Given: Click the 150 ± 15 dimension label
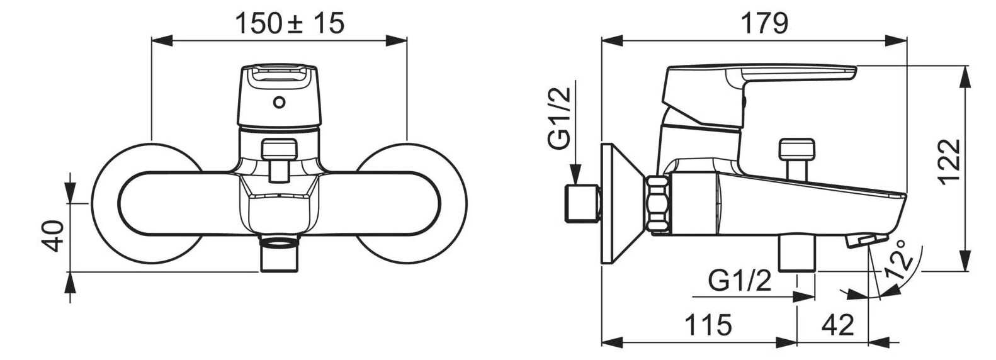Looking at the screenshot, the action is click(x=290, y=23).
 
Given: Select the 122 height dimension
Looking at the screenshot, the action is click(x=949, y=160).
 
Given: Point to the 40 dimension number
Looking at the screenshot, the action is click(x=53, y=236).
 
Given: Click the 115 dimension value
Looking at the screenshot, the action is click(x=708, y=325).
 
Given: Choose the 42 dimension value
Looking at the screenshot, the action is click(x=838, y=325).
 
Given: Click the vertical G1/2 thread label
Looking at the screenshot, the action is click(x=559, y=118).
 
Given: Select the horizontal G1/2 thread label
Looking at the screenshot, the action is click(x=740, y=281).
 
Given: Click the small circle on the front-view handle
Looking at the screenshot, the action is click(x=280, y=103).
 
